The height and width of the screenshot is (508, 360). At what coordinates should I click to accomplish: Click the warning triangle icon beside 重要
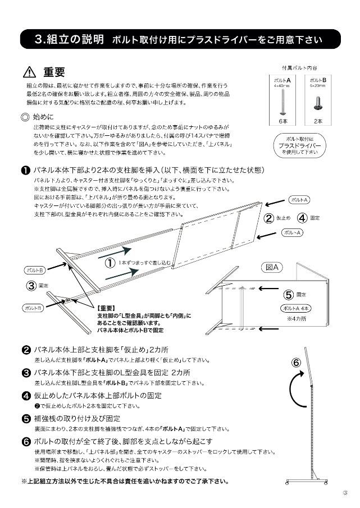(29, 72)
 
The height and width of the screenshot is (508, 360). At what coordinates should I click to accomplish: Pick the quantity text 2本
(318, 120)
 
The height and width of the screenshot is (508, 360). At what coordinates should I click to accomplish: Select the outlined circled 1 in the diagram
(111, 262)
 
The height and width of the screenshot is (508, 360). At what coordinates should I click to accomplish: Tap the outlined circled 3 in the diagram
(32, 286)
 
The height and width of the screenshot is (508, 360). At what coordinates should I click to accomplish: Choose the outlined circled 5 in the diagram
(288, 294)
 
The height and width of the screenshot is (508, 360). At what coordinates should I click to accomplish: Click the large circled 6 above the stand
(296, 361)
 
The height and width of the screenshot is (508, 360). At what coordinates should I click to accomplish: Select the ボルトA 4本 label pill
(295, 308)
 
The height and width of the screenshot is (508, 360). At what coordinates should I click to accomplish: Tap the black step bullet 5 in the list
(26, 419)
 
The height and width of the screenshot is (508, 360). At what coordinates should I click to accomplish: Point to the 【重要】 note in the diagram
(106, 308)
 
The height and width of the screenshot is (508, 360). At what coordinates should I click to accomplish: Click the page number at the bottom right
(344, 492)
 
